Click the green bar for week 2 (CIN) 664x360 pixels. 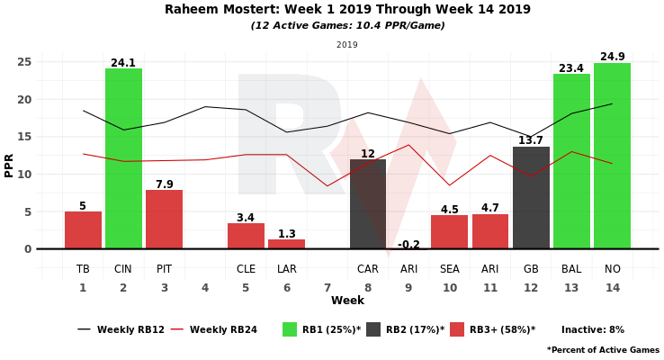pyautogui.click(x=123, y=158)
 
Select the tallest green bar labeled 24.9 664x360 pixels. pyautogui.click(x=612, y=156)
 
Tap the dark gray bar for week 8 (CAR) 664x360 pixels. pyautogui.click(x=367, y=204)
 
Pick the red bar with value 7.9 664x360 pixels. pyautogui.click(x=164, y=220)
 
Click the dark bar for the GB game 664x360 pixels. pyautogui.click(x=531, y=198)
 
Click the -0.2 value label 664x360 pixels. pyautogui.click(x=408, y=244)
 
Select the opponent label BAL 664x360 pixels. pyautogui.click(x=571, y=269)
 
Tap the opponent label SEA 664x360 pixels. pyautogui.click(x=449, y=269)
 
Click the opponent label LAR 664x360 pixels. pyautogui.click(x=286, y=269)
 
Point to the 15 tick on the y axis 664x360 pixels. pyautogui.click(x=25, y=137)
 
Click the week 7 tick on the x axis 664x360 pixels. pyautogui.click(x=327, y=288)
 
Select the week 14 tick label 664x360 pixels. pyautogui.click(x=612, y=288)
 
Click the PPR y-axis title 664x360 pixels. pyautogui.click(x=9, y=164)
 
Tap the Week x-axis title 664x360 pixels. pyautogui.click(x=347, y=301)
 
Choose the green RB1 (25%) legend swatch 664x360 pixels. pyautogui.click(x=290, y=329)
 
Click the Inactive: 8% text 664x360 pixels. pyautogui.click(x=592, y=330)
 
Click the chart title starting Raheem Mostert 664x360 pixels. pyautogui.click(x=347, y=10)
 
